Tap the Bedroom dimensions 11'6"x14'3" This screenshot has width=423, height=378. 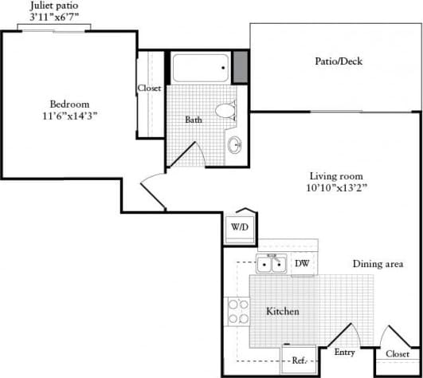69,116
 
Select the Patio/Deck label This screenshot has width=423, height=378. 339,61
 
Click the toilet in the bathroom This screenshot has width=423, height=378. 227,112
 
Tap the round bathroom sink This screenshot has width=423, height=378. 234,145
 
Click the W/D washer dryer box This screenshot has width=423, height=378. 240,227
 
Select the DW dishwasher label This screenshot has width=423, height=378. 302,264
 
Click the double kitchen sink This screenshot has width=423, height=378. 272,264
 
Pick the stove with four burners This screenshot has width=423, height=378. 238,310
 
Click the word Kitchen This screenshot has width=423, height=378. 283,311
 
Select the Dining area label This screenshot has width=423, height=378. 377,264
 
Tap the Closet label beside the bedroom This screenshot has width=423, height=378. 149,88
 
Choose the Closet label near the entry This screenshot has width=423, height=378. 398,353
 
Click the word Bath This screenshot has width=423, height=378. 194,120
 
